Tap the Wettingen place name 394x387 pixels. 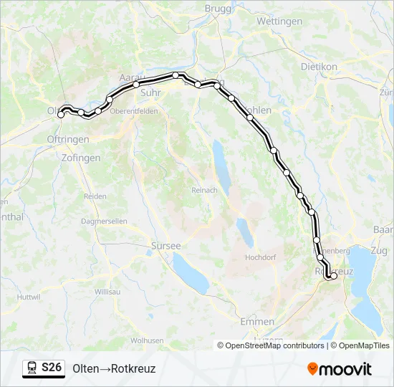click(279, 21)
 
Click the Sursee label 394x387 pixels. click(165, 245)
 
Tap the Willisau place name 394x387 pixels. click(107, 292)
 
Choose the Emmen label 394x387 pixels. click(257, 322)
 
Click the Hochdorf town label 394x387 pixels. click(260, 257)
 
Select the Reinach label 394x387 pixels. click(199, 190)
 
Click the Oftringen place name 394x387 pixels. click(68, 139)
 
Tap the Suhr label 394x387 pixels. click(150, 92)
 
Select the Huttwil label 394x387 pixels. click(29, 297)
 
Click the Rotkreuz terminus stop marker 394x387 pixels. click(333, 276)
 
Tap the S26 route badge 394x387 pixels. click(44, 368)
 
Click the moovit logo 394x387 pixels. click(340, 369)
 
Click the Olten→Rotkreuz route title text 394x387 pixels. click(114, 369)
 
